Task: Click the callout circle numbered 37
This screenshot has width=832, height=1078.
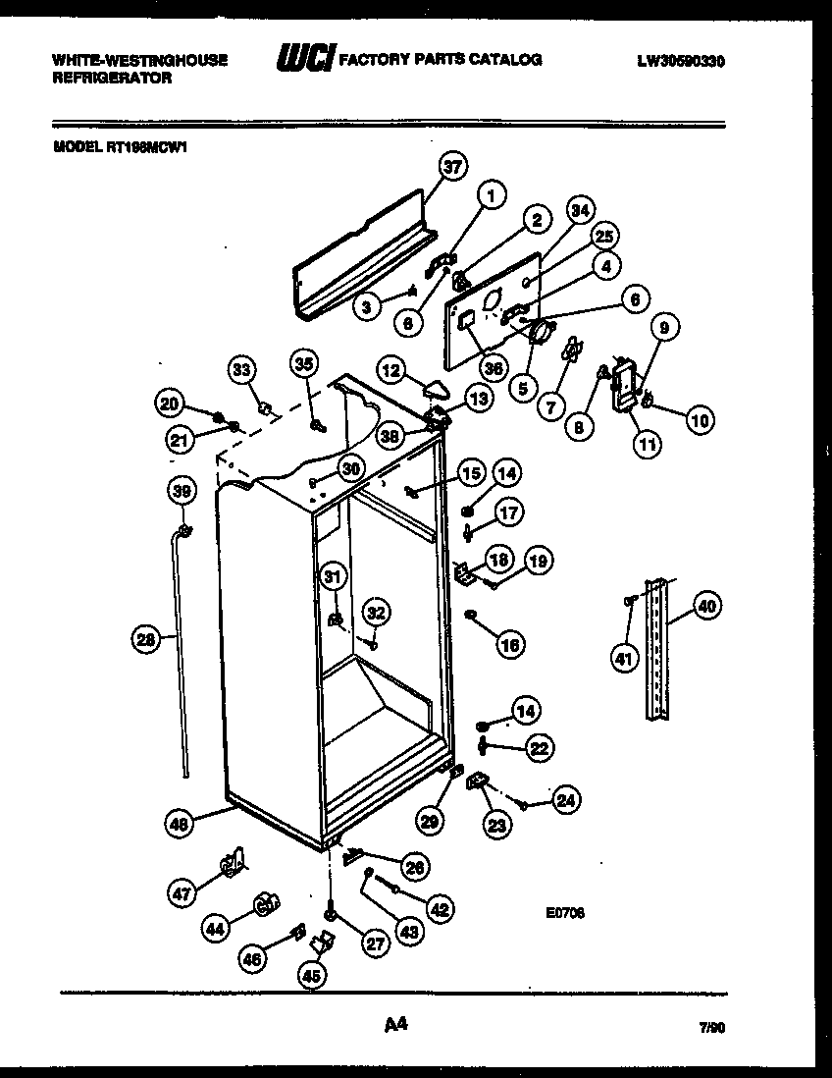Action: coord(450,167)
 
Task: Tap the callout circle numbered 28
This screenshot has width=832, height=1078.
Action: coord(145,640)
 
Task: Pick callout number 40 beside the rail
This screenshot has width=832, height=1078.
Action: coord(705,605)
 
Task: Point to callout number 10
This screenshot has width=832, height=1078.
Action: coord(700,421)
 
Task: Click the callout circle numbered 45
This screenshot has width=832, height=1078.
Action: coord(312,975)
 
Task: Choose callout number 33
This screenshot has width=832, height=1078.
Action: coord(241,370)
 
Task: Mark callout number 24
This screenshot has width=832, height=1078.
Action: coord(563,800)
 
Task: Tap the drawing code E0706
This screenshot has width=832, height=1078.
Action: coord(566,912)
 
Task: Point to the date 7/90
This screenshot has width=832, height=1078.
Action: coord(712,1029)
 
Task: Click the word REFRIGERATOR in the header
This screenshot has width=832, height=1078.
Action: coord(111,77)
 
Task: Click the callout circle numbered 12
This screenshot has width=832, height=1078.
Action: coord(390,371)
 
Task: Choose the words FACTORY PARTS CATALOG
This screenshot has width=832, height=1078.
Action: coord(440,60)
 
